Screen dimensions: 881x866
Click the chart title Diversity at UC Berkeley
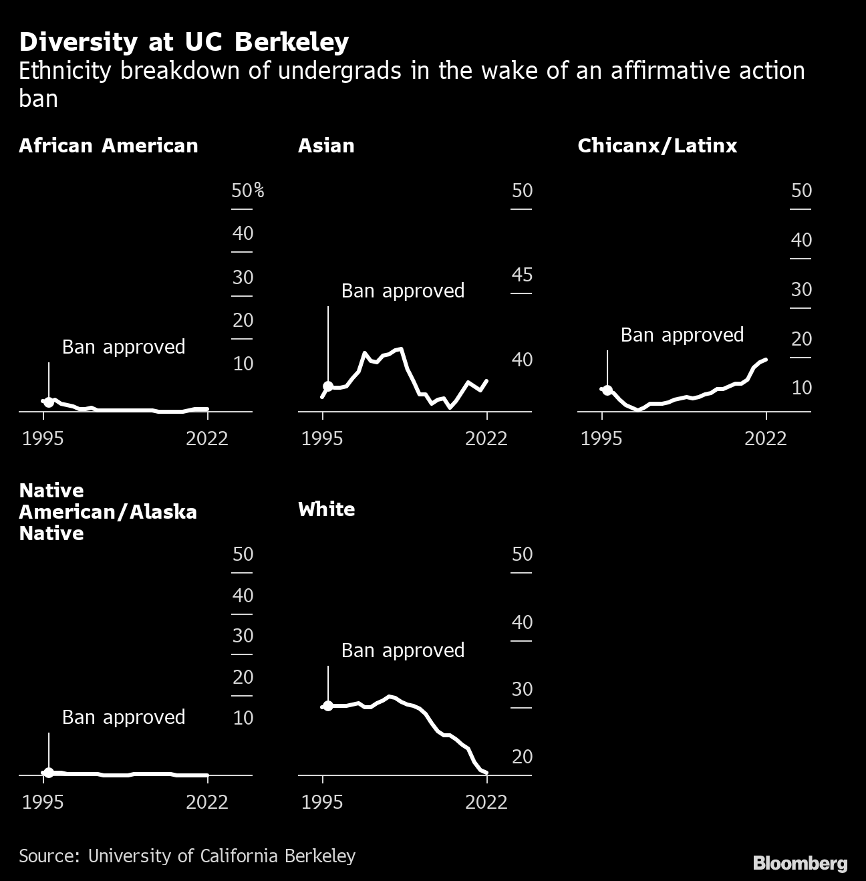(x=184, y=42)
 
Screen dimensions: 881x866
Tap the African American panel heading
(x=108, y=146)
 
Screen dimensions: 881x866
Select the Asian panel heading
(x=326, y=146)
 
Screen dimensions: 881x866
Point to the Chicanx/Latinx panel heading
(x=657, y=146)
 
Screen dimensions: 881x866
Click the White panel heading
(x=326, y=509)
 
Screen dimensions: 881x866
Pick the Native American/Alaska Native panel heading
(x=108, y=512)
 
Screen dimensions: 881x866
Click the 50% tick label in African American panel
(x=247, y=191)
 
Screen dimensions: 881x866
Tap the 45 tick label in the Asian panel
(x=522, y=275)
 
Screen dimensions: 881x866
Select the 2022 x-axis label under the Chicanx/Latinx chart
(x=766, y=438)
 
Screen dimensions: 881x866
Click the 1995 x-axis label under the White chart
(x=322, y=802)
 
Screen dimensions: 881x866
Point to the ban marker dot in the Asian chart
(x=328, y=386)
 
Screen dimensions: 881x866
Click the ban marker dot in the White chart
(x=328, y=706)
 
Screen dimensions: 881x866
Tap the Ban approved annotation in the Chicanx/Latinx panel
(x=682, y=335)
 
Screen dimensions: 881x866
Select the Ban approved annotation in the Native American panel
(x=124, y=717)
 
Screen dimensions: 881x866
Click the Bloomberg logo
(x=800, y=863)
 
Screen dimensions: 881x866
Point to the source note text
(x=187, y=856)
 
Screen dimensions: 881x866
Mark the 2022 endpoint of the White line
(x=486, y=773)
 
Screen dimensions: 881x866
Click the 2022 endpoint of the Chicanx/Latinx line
(x=766, y=360)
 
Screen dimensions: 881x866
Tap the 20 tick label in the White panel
(x=522, y=757)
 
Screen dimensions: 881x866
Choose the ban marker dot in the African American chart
(x=49, y=402)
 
